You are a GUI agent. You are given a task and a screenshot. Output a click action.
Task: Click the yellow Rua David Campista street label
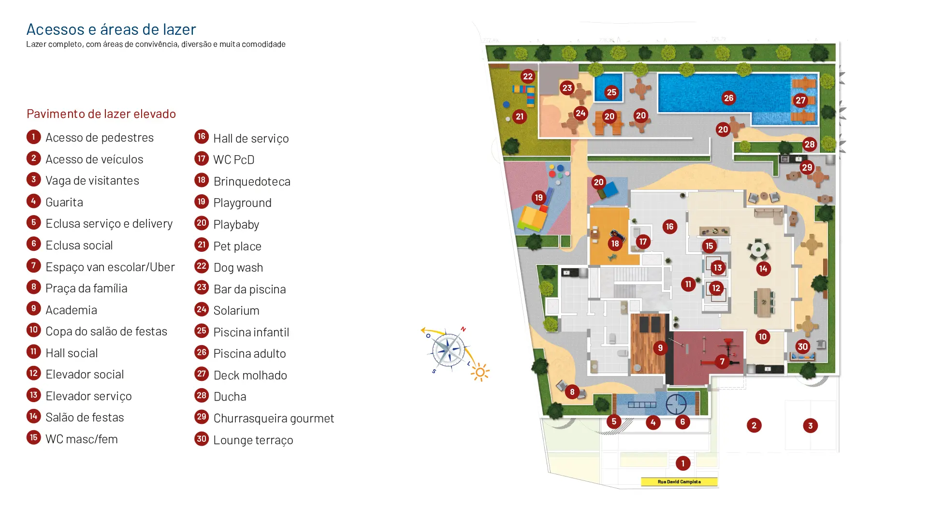click(679, 482)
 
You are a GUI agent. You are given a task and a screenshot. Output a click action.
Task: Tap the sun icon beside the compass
click(480, 373)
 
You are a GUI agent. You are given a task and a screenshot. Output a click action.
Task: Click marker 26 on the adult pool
click(728, 98)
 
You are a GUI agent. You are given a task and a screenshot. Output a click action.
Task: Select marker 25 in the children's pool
click(611, 92)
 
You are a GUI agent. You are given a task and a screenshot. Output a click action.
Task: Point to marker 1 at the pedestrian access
click(682, 464)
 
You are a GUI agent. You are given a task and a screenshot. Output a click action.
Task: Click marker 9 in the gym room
click(660, 348)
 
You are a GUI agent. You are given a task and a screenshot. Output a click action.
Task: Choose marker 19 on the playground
click(538, 198)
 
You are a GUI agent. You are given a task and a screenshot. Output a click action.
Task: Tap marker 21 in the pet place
click(520, 116)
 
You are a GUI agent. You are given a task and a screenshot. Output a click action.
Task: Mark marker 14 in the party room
click(763, 269)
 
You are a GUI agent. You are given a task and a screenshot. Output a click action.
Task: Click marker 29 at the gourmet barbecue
click(807, 168)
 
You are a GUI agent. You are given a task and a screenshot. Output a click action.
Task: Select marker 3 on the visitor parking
click(810, 426)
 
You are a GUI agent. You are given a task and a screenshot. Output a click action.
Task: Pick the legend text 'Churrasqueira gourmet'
click(274, 418)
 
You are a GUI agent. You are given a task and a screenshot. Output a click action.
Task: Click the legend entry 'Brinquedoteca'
click(252, 181)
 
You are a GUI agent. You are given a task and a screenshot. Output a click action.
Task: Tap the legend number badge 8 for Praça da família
click(33, 287)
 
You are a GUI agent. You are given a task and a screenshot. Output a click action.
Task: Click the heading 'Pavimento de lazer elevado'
click(101, 114)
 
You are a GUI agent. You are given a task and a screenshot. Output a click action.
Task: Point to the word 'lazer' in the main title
click(180, 29)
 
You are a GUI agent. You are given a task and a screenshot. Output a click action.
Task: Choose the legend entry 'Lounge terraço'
click(253, 440)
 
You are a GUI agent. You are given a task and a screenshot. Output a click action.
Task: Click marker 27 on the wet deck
click(800, 101)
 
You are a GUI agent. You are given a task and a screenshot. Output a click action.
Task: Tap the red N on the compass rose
click(463, 329)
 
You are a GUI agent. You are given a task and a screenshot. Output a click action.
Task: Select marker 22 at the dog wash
click(527, 76)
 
